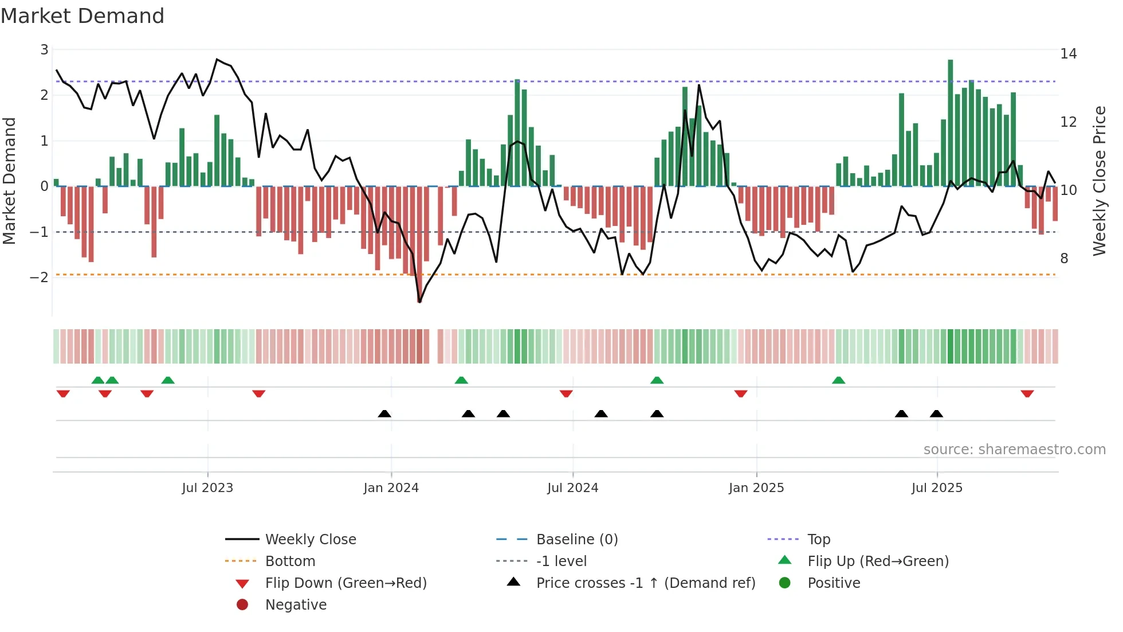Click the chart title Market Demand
(x=83, y=16)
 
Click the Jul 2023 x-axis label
(x=207, y=488)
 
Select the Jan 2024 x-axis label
(x=391, y=488)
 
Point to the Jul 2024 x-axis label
(x=572, y=488)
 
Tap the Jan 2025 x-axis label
(x=756, y=488)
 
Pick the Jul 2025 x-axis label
(x=937, y=488)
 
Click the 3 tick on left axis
(x=44, y=50)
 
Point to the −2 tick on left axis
(x=40, y=278)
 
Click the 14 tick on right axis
(x=1068, y=54)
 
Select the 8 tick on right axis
(x=1064, y=259)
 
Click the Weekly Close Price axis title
(x=1099, y=181)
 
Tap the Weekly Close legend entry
(x=310, y=540)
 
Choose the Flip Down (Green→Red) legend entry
(x=345, y=583)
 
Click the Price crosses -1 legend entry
(x=645, y=583)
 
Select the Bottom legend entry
(x=290, y=561)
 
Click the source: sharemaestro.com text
(x=1014, y=450)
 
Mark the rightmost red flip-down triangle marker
(x=1027, y=394)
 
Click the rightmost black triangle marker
(x=936, y=414)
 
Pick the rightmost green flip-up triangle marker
(x=838, y=380)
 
